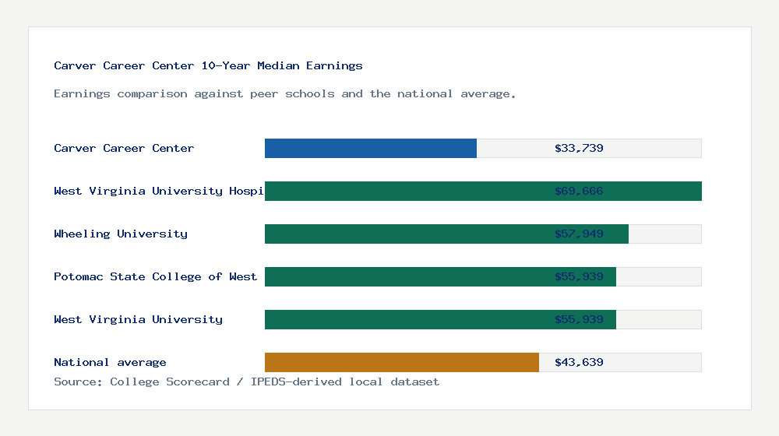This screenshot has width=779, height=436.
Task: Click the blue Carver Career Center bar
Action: coord(370,148)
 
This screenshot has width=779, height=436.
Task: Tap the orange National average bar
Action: coord(401,362)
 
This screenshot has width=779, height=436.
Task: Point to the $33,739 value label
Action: coord(579,148)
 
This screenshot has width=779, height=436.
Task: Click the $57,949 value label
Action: coord(579,234)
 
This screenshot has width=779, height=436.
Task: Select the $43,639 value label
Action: coord(579,362)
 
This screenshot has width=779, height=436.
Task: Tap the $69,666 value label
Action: coord(579,191)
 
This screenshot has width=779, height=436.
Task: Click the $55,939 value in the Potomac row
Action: coord(579,276)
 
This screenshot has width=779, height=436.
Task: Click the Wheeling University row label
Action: coord(121,234)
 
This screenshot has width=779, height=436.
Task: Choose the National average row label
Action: coord(110,362)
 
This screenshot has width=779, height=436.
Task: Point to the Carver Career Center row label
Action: coord(124,148)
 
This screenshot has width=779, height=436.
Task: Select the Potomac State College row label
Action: coord(155,276)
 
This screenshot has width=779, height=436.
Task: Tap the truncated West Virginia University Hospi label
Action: coord(159,191)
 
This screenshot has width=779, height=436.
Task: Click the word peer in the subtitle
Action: coord(264,93)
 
